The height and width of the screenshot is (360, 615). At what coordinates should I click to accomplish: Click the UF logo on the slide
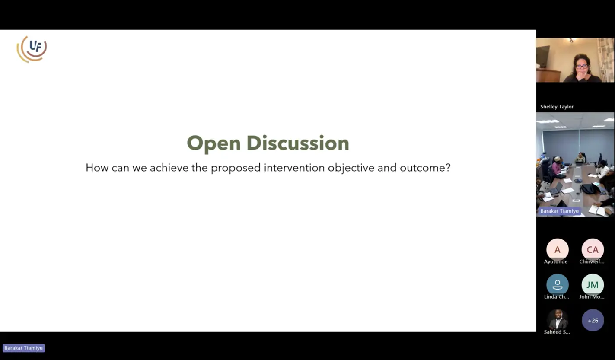(x=32, y=49)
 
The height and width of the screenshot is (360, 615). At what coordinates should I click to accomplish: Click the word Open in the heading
(x=213, y=143)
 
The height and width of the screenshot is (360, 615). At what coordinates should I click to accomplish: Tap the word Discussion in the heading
(x=298, y=143)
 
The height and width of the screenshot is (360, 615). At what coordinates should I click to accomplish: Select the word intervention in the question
(x=294, y=168)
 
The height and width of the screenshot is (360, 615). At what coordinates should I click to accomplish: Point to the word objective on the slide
(x=351, y=168)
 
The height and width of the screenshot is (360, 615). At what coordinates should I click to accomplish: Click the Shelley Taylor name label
(x=557, y=107)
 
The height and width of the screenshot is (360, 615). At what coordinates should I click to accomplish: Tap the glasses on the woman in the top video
(x=581, y=66)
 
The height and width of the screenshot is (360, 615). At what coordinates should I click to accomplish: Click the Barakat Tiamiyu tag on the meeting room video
(x=559, y=211)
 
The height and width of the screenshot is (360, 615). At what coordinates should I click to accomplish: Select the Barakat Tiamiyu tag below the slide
(x=24, y=348)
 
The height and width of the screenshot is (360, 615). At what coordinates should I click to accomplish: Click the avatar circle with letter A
(x=557, y=249)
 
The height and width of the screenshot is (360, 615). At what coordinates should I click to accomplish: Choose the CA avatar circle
(x=593, y=249)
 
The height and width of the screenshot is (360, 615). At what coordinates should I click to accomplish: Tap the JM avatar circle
(x=593, y=285)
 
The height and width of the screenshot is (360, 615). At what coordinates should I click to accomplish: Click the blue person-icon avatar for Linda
(x=557, y=285)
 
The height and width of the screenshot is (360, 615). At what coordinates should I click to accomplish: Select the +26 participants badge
(x=593, y=320)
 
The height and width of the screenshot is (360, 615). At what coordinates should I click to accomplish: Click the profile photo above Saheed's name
(x=557, y=319)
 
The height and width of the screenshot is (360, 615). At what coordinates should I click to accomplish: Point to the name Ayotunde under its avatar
(x=556, y=261)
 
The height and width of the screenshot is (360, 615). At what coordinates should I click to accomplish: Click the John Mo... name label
(x=592, y=296)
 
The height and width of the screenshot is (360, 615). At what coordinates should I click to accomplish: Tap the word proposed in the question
(x=236, y=168)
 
